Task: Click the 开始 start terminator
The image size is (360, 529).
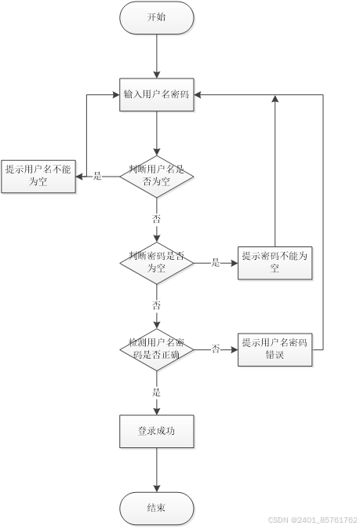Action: tap(156, 17)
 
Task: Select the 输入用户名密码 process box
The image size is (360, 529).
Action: tap(156, 95)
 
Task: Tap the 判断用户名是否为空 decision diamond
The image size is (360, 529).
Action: tap(156, 175)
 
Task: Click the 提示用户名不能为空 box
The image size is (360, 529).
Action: tap(38, 175)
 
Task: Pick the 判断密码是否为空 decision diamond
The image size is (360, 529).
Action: tap(156, 262)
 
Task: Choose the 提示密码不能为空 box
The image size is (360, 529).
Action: tap(275, 262)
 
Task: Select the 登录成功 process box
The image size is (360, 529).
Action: tap(156, 431)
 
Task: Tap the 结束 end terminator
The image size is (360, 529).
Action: tap(156, 508)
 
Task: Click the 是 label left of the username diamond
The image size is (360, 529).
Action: tap(97, 176)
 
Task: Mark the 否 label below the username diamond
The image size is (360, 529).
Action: tap(156, 218)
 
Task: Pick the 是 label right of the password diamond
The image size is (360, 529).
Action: tap(216, 263)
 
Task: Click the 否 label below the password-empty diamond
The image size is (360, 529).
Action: tap(156, 305)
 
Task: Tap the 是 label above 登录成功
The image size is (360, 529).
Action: tap(156, 391)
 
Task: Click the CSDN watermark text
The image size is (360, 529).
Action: tap(312, 520)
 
